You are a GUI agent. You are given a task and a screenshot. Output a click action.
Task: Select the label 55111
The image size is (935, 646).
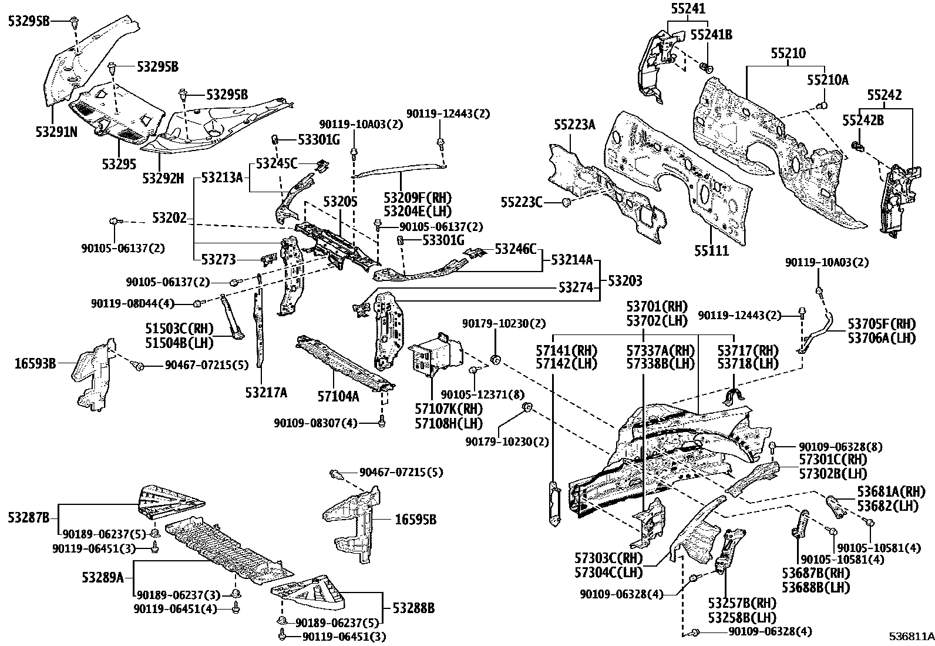(711, 251)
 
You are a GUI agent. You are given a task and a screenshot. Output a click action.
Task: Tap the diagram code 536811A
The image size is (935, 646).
(910, 637)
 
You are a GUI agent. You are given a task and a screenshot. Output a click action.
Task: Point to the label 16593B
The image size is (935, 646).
(35, 363)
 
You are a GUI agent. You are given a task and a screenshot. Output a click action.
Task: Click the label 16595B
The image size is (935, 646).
(416, 520)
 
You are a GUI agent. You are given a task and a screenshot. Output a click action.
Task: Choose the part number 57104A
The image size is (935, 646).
(338, 396)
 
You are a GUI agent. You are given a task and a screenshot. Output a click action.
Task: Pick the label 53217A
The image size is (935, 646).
(266, 392)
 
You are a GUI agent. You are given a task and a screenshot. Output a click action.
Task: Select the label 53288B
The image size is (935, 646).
(414, 608)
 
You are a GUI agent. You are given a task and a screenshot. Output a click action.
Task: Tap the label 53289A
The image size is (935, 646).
(103, 577)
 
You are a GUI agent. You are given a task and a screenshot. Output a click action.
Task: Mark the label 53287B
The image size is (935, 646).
(29, 518)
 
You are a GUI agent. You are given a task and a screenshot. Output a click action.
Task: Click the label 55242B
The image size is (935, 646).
(863, 120)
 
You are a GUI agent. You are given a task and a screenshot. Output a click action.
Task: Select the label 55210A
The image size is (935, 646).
(828, 80)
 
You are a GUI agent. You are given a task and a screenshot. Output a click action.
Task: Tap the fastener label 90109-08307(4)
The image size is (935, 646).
(315, 423)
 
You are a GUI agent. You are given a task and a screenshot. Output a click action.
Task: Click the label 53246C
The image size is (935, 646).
(516, 249)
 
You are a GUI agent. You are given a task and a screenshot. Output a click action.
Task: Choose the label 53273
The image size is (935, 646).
(218, 259)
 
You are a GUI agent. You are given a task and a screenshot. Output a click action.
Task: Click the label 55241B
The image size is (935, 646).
(711, 35)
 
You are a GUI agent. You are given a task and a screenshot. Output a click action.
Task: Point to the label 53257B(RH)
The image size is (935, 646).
(742, 604)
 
